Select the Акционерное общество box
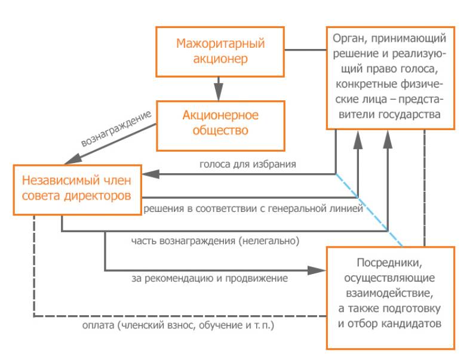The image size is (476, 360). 220,122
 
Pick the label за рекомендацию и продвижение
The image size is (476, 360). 210,278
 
